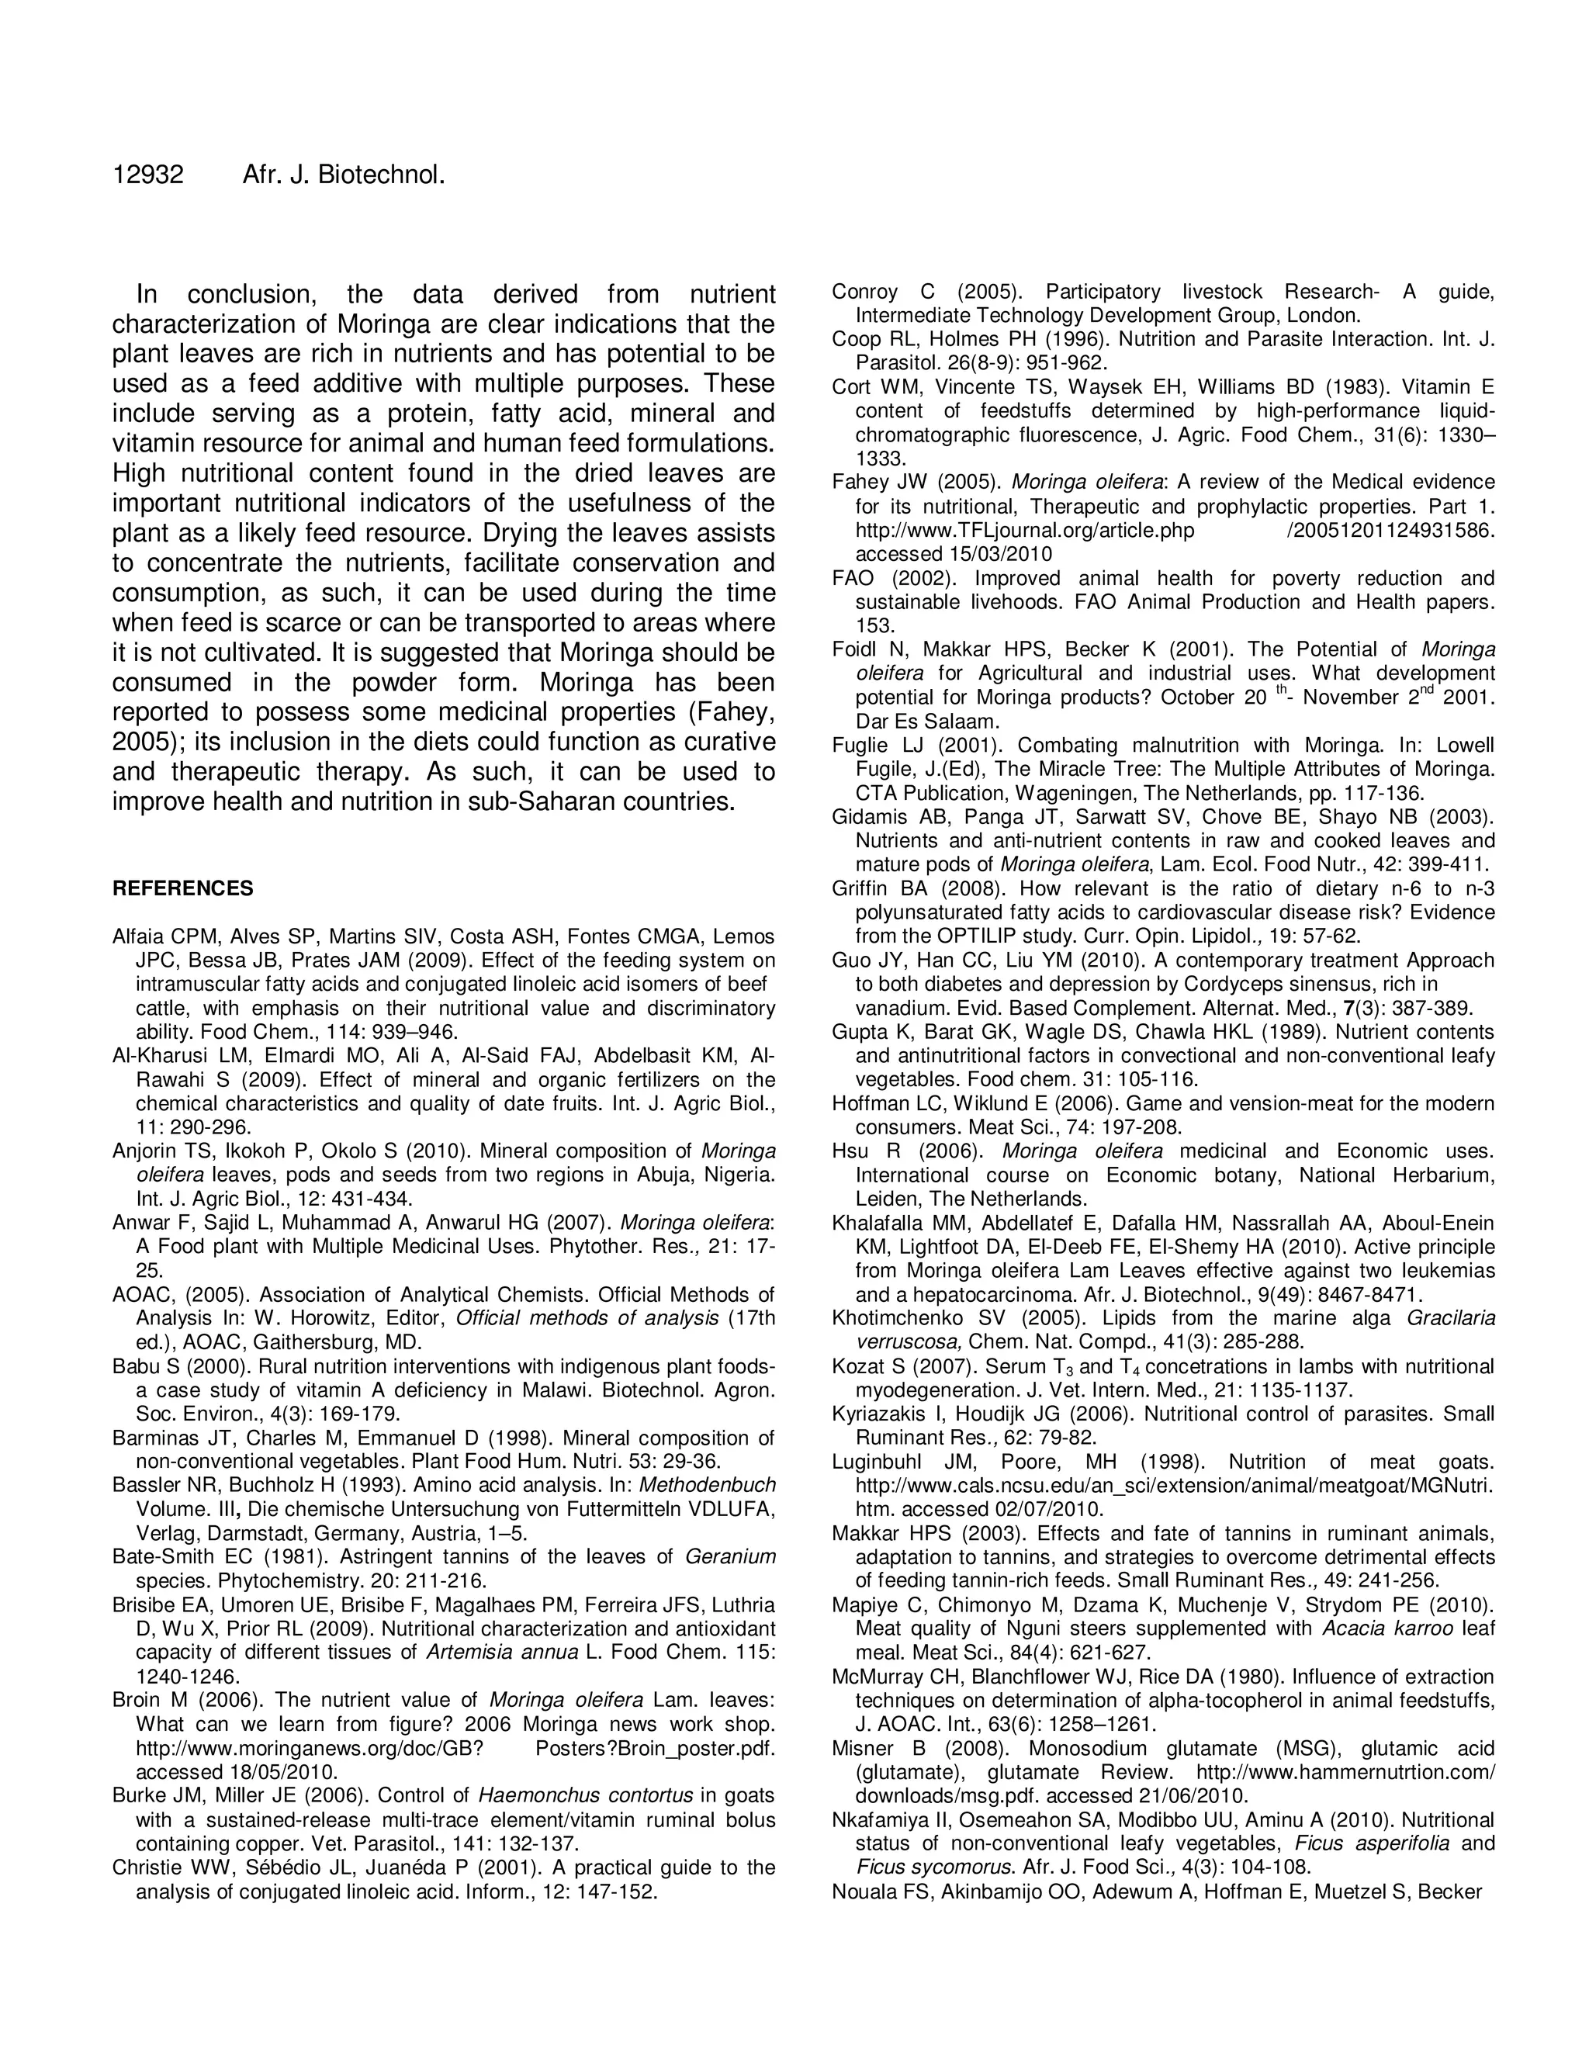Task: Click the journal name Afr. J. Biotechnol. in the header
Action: coord(343,175)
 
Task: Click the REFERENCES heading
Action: coord(182,888)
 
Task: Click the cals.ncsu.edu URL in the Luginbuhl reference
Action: coord(1173,1486)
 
